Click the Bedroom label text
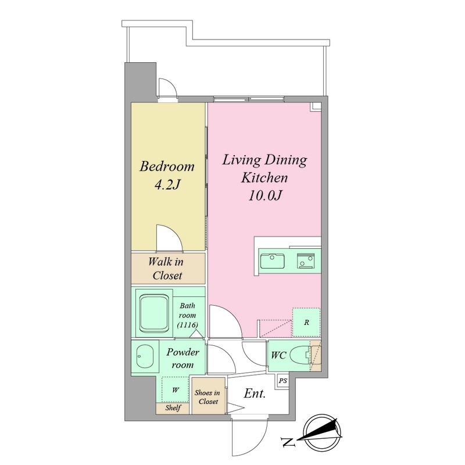coord(167,166)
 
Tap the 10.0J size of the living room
coord(264,196)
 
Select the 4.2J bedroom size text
coord(167,185)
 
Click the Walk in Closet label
coord(166,269)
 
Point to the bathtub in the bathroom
coord(154,313)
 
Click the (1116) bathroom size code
coord(187,325)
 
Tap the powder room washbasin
coord(145,356)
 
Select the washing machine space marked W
coord(176,389)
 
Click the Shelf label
coord(173,408)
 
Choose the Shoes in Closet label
coord(208,397)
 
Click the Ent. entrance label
coord(255,394)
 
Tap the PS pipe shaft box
coord(283,381)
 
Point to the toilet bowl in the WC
coord(299,356)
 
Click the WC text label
coord(278,355)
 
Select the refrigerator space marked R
coord(306,323)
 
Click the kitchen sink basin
coord(272,261)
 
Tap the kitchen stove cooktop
coord(306,261)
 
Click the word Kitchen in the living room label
coord(264,178)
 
